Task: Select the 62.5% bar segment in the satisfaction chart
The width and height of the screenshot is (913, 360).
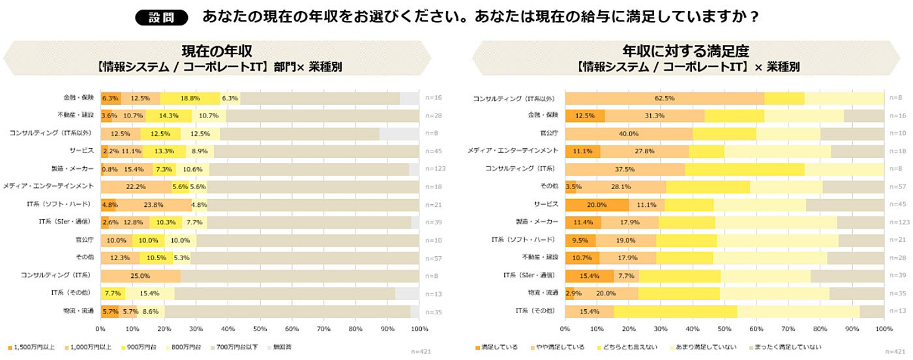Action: tap(665, 98)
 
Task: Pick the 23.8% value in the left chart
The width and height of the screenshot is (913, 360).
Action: tap(154, 204)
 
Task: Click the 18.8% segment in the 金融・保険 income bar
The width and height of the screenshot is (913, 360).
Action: tap(190, 98)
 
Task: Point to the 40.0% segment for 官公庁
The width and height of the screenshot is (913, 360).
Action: tap(629, 134)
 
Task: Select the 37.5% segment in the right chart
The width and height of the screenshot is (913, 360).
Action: tap(625, 169)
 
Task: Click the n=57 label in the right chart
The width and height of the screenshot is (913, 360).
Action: tap(897, 187)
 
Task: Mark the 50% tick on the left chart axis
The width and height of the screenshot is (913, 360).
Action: tap(260, 328)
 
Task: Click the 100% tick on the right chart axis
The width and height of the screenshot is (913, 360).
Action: tap(884, 328)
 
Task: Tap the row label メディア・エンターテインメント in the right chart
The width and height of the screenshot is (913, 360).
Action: tap(513, 151)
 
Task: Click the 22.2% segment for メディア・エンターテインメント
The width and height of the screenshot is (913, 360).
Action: tap(136, 187)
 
